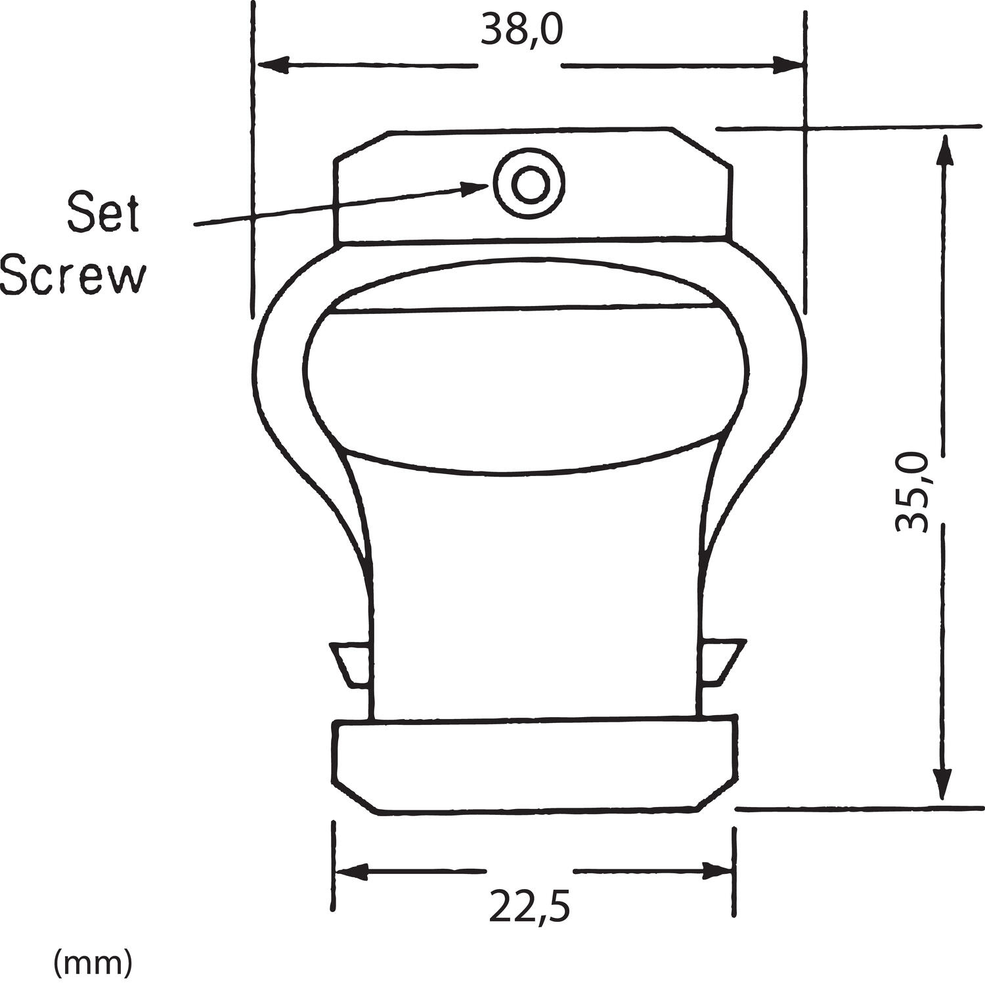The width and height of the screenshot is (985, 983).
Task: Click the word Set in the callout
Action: tap(104, 212)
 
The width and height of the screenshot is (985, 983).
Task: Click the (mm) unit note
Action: tap(93, 963)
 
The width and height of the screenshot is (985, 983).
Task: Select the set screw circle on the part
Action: tap(529, 184)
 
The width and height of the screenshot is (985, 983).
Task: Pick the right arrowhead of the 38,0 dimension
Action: tap(787, 66)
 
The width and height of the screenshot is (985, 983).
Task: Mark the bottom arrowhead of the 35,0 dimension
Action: tap(944, 785)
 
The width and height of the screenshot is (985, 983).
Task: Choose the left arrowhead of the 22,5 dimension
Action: tap(351, 871)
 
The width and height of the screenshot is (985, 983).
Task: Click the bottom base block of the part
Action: tap(535, 766)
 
